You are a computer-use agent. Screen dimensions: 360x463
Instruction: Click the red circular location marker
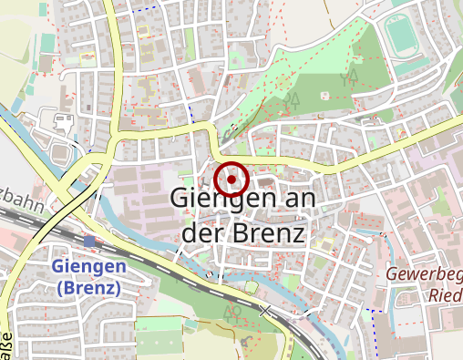(x=232, y=180)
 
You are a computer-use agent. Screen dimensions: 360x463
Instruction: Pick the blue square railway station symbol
(x=88, y=242)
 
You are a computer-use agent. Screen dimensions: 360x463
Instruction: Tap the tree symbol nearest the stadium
(x=349, y=76)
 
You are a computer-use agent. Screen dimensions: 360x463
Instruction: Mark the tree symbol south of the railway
(x=233, y=314)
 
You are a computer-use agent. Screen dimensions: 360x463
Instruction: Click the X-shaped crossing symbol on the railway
(x=266, y=310)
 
